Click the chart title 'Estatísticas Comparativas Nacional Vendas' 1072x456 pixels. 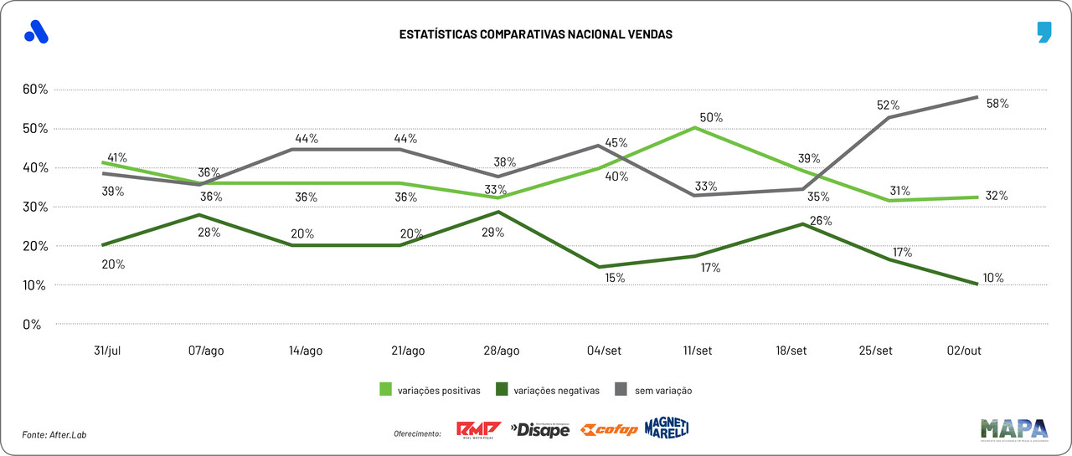[x=535, y=35]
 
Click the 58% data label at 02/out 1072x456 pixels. [x=997, y=105]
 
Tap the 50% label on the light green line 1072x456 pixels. [x=712, y=118]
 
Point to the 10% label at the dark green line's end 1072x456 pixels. [x=993, y=278]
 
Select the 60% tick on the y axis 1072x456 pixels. [x=37, y=90]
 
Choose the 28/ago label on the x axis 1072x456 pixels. [x=501, y=351]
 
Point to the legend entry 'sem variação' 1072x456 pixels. [x=662, y=390]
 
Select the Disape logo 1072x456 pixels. [x=540, y=430]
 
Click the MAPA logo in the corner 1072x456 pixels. [x=1014, y=428]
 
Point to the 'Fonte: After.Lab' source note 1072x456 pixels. [x=54, y=434]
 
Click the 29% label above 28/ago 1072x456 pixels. [x=493, y=233]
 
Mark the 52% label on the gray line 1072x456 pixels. [x=888, y=105]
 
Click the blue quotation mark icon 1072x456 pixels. [x=1043, y=33]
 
